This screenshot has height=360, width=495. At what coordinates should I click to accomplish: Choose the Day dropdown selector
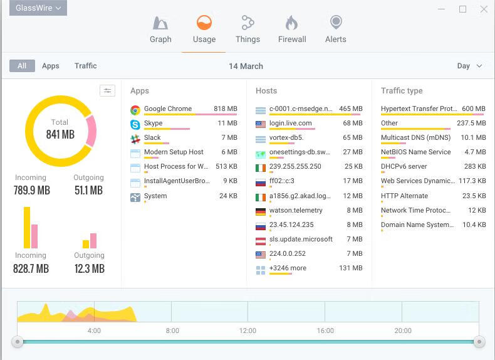coord(469,66)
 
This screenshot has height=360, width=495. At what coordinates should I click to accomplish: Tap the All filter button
coord(22,66)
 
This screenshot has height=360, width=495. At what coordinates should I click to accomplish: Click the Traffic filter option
coord(85,66)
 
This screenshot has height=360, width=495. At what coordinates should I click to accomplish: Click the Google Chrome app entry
coord(168,109)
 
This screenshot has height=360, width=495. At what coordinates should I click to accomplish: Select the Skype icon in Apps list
coord(135,124)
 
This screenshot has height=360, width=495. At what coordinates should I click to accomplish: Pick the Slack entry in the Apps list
coord(152,138)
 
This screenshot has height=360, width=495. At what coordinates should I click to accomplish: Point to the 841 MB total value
coord(60,134)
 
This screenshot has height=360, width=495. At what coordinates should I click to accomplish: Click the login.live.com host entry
coord(290,124)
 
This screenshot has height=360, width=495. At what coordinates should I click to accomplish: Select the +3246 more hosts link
coord(288,268)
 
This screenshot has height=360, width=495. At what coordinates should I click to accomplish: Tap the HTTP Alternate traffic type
coord(404,196)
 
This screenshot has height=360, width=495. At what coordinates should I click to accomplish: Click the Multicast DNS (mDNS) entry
coord(415,138)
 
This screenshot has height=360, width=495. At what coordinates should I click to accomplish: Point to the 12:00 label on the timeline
coord(247,331)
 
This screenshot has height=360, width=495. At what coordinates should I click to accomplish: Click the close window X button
coord(484,9)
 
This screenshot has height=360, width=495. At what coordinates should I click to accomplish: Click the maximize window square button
coord(463,9)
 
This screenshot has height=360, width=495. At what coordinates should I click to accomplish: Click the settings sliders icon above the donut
coord(107,91)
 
